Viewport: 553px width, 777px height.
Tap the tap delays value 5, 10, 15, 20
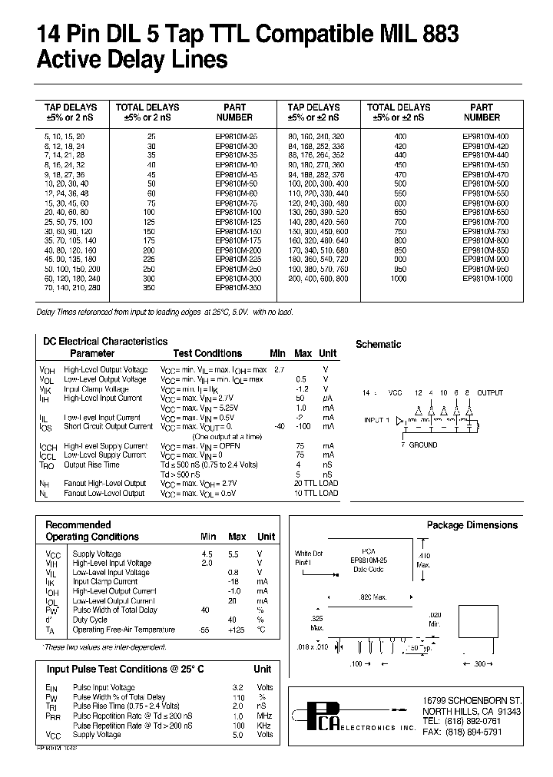point(68,135)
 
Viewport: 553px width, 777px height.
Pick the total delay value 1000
point(398,278)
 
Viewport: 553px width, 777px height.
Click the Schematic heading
point(378,345)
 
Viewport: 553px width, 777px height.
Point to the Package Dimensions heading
point(472,525)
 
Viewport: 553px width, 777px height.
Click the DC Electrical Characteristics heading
point(104,341)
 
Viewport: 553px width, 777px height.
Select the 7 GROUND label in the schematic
point(419,445)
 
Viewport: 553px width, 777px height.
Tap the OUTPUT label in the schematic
point(490,393)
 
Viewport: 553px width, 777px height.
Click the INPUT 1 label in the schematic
point(377,420)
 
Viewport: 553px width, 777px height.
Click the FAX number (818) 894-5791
point(472,733)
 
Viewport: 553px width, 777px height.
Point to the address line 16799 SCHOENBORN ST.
point(472,701)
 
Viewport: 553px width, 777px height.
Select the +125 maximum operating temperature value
point(237,630)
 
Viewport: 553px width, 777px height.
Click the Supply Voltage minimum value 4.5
point(207,554)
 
